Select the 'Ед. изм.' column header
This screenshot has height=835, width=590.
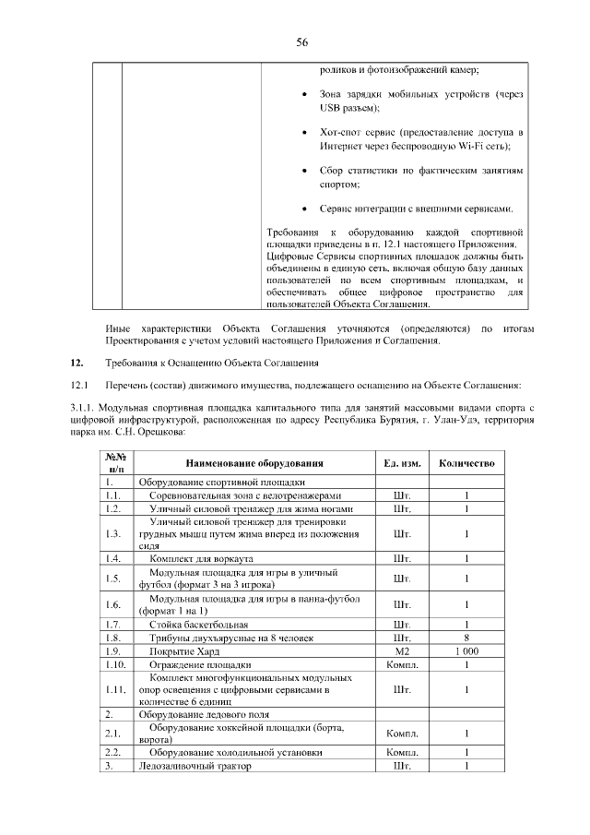click(401, 462)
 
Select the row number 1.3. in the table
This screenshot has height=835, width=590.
click(113, 533)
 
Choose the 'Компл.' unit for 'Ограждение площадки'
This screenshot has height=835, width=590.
click(401, 663)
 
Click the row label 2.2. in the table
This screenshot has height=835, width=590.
click(114, 753)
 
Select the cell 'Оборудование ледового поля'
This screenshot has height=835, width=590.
click(204, 714)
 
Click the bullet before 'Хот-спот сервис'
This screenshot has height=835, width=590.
click(305, 133)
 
